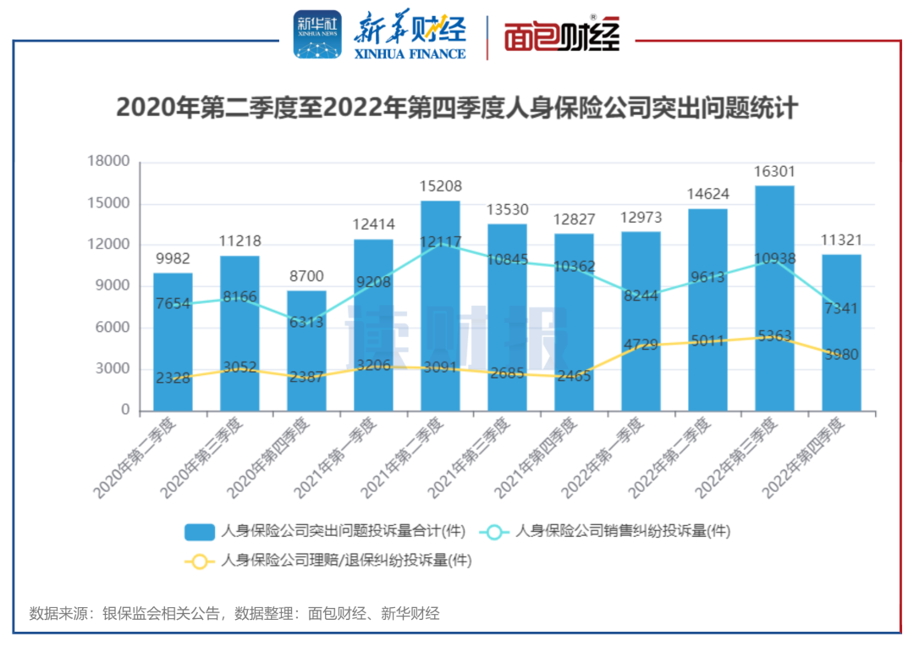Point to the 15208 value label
[x=440, y=186]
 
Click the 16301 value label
[x=774, y=172]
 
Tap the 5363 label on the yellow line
[x=774, y=336]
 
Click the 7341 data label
[x=841, y=309]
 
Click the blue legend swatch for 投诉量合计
[x=200, y=532]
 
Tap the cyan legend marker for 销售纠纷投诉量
[x=494, y=532]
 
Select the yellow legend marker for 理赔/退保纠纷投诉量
[x=200, y=561]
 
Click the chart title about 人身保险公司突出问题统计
[x=457, y=108]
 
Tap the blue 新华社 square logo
[x=317, y=35]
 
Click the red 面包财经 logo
[x=563, y=36]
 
